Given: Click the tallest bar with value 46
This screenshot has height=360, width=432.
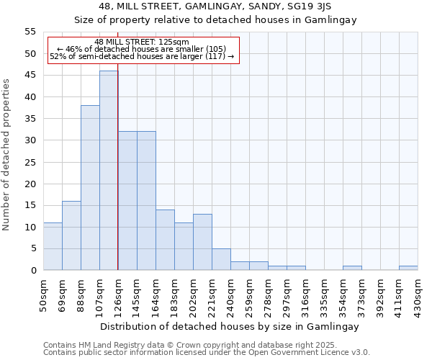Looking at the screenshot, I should tap(109, 171).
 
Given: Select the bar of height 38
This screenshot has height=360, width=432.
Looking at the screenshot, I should tap(90, 188).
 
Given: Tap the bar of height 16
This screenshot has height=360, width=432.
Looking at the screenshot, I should tap(71, 235).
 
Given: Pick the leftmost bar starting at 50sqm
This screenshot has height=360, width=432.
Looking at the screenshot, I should tap(53, 246).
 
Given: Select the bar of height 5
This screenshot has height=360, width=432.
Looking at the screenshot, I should tap(221, 259).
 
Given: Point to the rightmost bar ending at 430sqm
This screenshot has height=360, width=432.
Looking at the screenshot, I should tap(408, 268).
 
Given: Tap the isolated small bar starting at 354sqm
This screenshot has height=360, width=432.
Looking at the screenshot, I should tap(352, 268).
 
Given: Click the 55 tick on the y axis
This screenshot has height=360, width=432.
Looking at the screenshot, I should tap(30, 32).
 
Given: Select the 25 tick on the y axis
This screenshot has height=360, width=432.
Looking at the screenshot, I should tap(30, 162).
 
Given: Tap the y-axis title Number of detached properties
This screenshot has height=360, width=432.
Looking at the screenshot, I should tap(7, 155).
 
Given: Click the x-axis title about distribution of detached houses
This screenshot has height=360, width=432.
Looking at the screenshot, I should tap(230, 326).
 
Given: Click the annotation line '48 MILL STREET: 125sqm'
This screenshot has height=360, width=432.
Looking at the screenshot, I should tap(142, 42).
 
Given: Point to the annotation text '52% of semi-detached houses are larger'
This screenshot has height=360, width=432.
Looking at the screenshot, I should tap(142, 56).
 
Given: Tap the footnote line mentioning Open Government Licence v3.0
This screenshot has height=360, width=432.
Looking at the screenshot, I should tap(207, 353).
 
